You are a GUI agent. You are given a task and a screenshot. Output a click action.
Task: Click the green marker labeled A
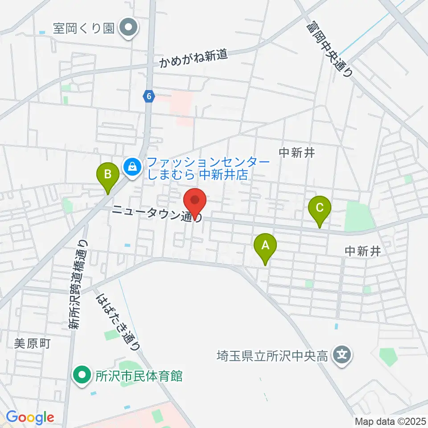pos(265,246)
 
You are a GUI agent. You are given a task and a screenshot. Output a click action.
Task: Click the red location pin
pos(195,201)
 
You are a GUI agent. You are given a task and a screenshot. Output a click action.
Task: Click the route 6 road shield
pos(149,96)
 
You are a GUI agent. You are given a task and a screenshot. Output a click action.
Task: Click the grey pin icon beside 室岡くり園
pos(129,28)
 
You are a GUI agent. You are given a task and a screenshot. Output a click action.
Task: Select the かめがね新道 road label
pos(195,58)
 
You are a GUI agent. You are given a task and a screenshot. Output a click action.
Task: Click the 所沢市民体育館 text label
pos(139,376)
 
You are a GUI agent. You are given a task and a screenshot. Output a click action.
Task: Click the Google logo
pos(30,417)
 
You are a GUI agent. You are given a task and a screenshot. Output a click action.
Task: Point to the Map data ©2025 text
pos(389,421)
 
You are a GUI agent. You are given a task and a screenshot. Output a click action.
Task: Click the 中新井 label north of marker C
pos(297,153)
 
